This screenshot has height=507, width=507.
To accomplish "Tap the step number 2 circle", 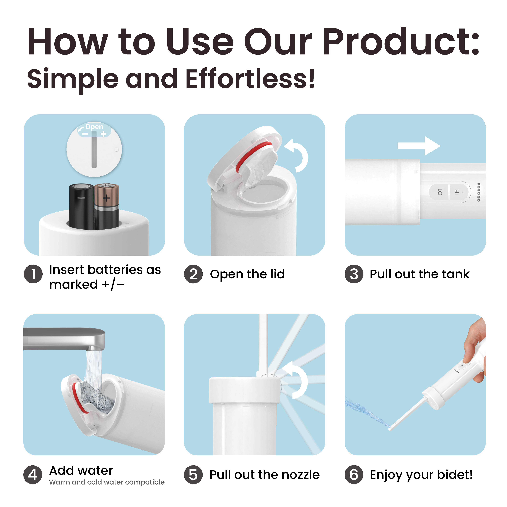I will (x=193, y=274).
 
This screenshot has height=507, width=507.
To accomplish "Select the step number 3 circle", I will (x=354, y=274).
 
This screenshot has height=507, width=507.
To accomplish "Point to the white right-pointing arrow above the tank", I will (x=419, y=146).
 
